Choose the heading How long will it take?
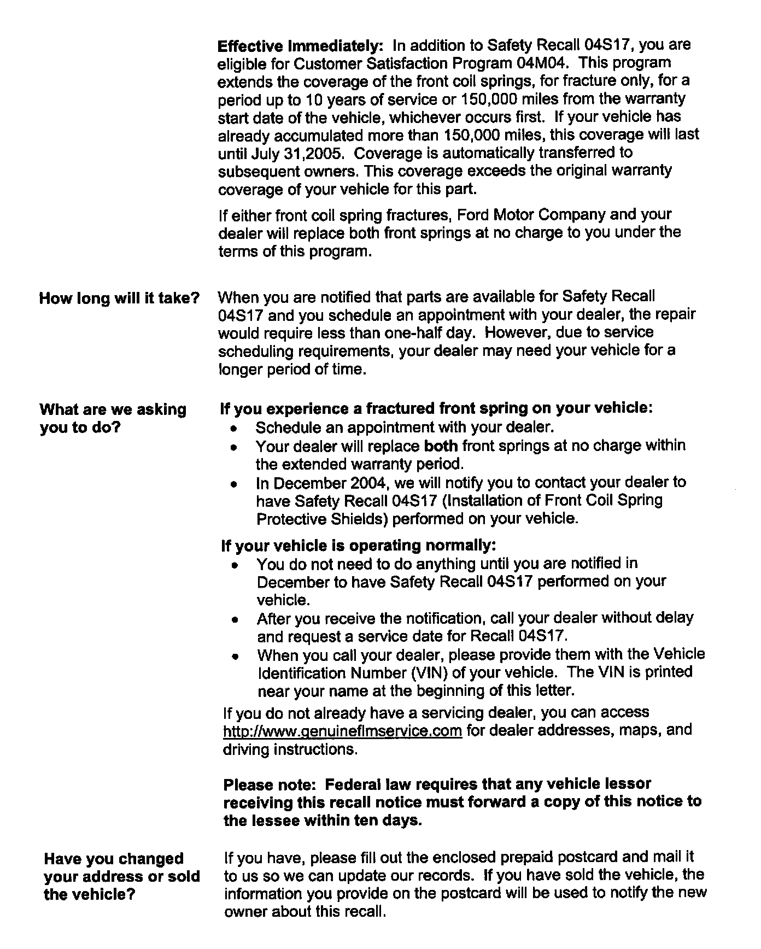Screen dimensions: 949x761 119,298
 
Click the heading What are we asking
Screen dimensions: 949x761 113,409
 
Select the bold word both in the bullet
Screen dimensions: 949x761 441,446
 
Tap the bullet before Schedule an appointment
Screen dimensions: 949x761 234,428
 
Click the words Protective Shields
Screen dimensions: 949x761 322,519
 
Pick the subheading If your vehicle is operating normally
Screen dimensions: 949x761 358,546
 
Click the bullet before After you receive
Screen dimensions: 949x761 235,620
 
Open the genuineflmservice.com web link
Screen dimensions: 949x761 343,731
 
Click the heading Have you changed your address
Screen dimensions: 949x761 121,876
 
